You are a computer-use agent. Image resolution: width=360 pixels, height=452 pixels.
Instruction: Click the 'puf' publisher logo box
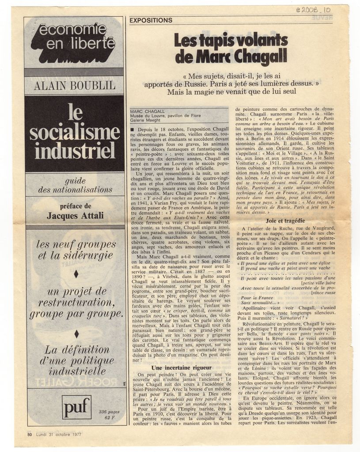click(76, 407)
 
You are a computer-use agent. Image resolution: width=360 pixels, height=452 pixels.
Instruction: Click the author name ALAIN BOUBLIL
click(74, 86)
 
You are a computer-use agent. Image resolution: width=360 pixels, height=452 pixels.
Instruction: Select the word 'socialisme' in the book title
click(74, 132)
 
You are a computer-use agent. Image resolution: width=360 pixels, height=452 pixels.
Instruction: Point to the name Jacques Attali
click(75, 215)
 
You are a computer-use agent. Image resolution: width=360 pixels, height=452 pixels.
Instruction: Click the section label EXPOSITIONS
click(151, 20)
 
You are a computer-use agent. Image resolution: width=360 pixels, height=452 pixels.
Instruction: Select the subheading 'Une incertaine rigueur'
click(182, 367)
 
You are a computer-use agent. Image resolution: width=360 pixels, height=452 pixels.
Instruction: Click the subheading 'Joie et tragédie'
click(285, 220)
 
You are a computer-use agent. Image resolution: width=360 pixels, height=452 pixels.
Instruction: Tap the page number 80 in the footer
click(30, 434)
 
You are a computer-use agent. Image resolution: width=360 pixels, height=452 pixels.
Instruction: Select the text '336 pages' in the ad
click(109, 411)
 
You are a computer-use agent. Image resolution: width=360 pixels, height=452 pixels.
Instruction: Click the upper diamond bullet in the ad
click(76, 274)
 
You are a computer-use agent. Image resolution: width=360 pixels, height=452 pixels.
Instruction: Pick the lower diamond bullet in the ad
click(76, 333)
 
